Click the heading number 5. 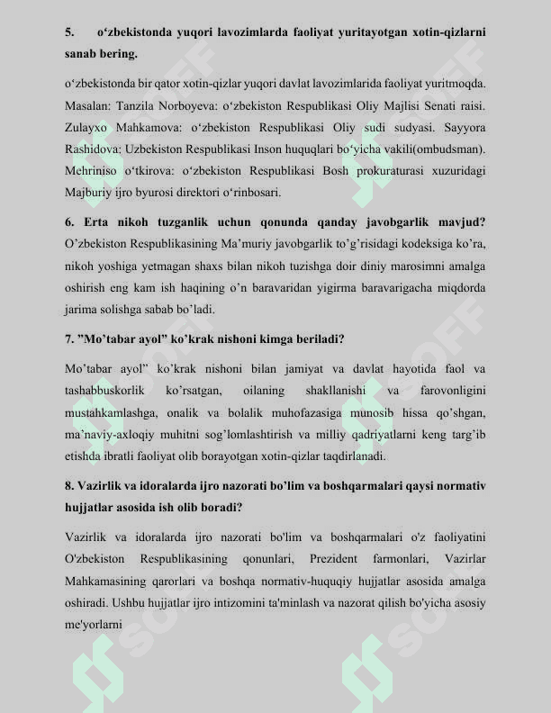(x=68, y=32)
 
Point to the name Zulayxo (x=88, y=127)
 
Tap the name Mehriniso (x=95, y=170)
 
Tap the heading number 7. (x=69, y=340)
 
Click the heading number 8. (x=69, y=487)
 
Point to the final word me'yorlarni (x=94, y=624)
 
